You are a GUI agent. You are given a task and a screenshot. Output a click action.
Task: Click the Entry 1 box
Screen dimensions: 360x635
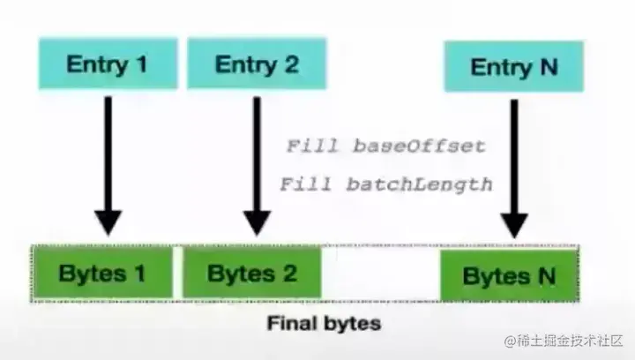pos(106,64)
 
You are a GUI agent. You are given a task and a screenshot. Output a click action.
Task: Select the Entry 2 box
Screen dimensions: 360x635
pos(257,64)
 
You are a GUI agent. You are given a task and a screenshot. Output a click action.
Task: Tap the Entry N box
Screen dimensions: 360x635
pos(513,67)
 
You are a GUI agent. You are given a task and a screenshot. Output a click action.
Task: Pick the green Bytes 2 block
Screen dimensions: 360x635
pos(251,273)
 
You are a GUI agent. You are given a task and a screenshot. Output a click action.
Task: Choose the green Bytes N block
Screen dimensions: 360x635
pos(510,275)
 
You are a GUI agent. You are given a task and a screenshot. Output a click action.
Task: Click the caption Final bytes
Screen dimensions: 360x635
pos(324,324)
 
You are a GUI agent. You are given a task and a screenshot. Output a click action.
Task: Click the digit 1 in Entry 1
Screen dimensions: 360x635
pos(142,64)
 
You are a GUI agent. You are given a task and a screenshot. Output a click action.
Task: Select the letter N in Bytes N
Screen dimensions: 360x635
pos(546,275)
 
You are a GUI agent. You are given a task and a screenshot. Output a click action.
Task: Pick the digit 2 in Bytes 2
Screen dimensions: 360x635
pos(288,273)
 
